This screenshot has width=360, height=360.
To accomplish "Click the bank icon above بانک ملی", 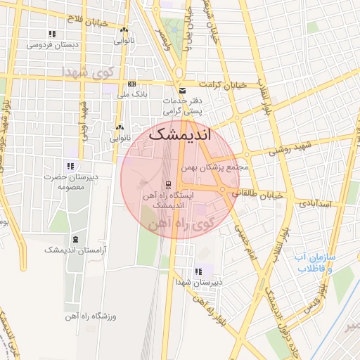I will (131, 84).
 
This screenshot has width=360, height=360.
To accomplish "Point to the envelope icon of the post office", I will (182, 91).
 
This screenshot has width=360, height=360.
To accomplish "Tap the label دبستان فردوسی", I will (51, 44).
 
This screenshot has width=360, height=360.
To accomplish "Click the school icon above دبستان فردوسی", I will (51, 33).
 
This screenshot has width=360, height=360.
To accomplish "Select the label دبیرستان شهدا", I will (198, 282).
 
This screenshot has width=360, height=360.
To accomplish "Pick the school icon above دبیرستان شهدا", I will (198, 271).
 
